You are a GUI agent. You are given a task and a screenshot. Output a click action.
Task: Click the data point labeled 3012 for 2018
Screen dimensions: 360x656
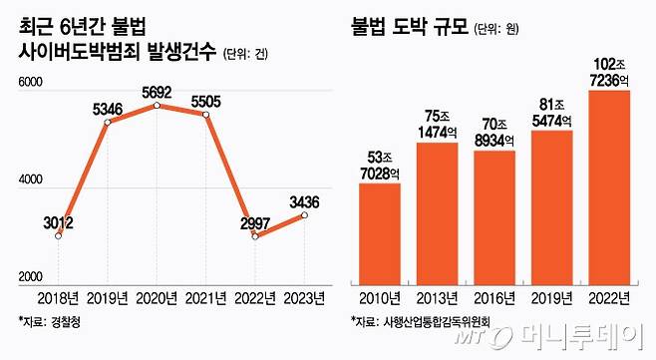[59, 235]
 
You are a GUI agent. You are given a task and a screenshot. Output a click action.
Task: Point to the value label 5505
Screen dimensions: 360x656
[206, 96]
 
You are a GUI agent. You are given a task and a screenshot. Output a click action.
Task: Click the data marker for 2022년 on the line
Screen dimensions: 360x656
[255, 235]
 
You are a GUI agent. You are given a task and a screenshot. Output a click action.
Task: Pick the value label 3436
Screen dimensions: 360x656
[304, 202]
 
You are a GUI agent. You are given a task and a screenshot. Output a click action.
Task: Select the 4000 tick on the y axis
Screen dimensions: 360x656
[31, 182]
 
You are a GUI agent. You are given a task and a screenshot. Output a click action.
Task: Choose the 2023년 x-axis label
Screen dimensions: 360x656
[303, 298]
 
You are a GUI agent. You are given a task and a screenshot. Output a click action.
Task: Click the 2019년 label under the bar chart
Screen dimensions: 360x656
[551, 298]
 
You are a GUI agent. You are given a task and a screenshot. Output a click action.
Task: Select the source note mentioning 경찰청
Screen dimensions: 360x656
[53, 321]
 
